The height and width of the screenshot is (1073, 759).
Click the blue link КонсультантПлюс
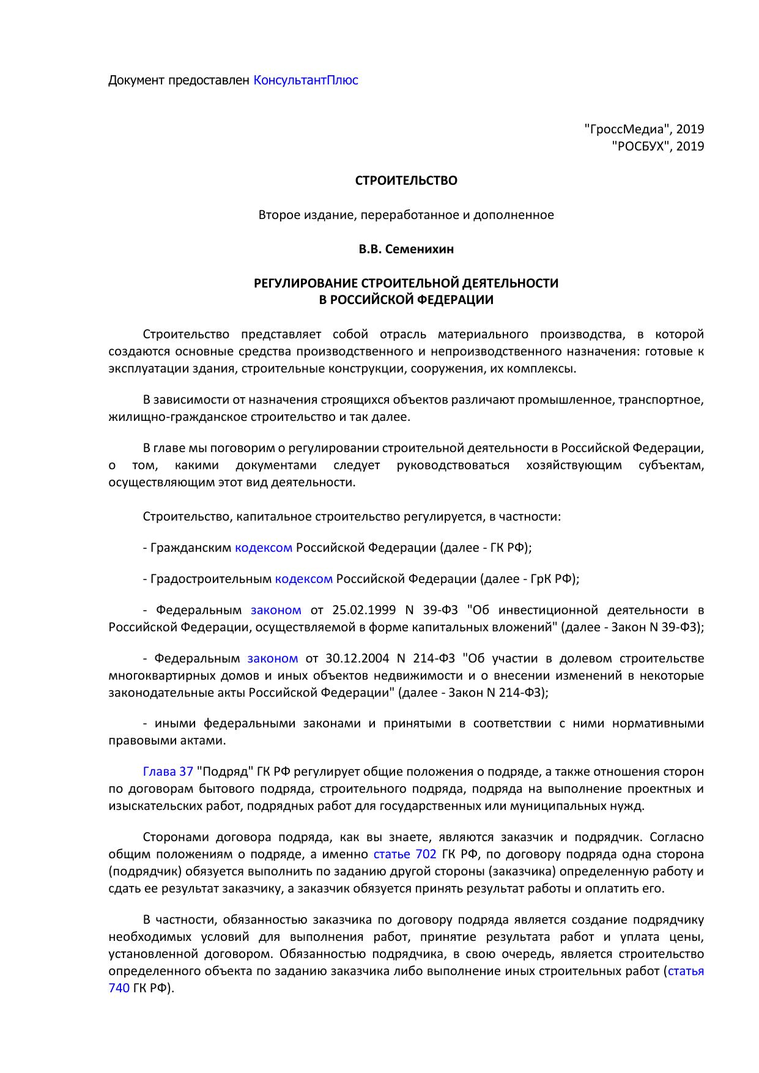click(x=306, y=80)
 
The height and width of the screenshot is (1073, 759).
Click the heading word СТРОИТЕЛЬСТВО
click(x=406, y=180)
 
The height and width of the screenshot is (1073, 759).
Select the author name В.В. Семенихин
click(x=406, y=249)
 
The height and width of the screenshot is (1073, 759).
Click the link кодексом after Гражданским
click(x=264, y=548)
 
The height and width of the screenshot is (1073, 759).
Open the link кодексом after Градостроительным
click(x=304, y=579)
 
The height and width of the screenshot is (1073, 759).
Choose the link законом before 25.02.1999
click(x=276, y=610)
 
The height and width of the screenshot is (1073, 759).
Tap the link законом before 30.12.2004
click(x=273, y=659)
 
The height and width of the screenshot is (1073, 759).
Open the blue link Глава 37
click(x=168, y=771)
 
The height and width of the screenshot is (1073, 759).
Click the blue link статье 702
click(x=404, y=854)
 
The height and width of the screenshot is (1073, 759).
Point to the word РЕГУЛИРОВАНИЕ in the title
click(x=305, y=283)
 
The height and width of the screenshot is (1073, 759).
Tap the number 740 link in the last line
click(x=119, y=988)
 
